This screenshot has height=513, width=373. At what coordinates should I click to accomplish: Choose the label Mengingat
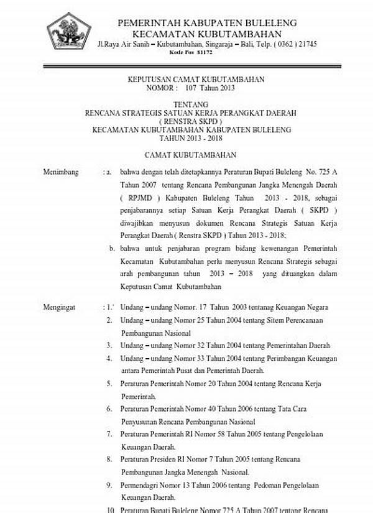[60, 307]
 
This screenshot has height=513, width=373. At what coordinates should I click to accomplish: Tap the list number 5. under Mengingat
[109, 384]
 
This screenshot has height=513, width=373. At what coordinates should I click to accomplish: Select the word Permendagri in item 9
[140, 484]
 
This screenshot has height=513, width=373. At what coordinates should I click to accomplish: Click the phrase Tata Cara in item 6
[293, 409]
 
